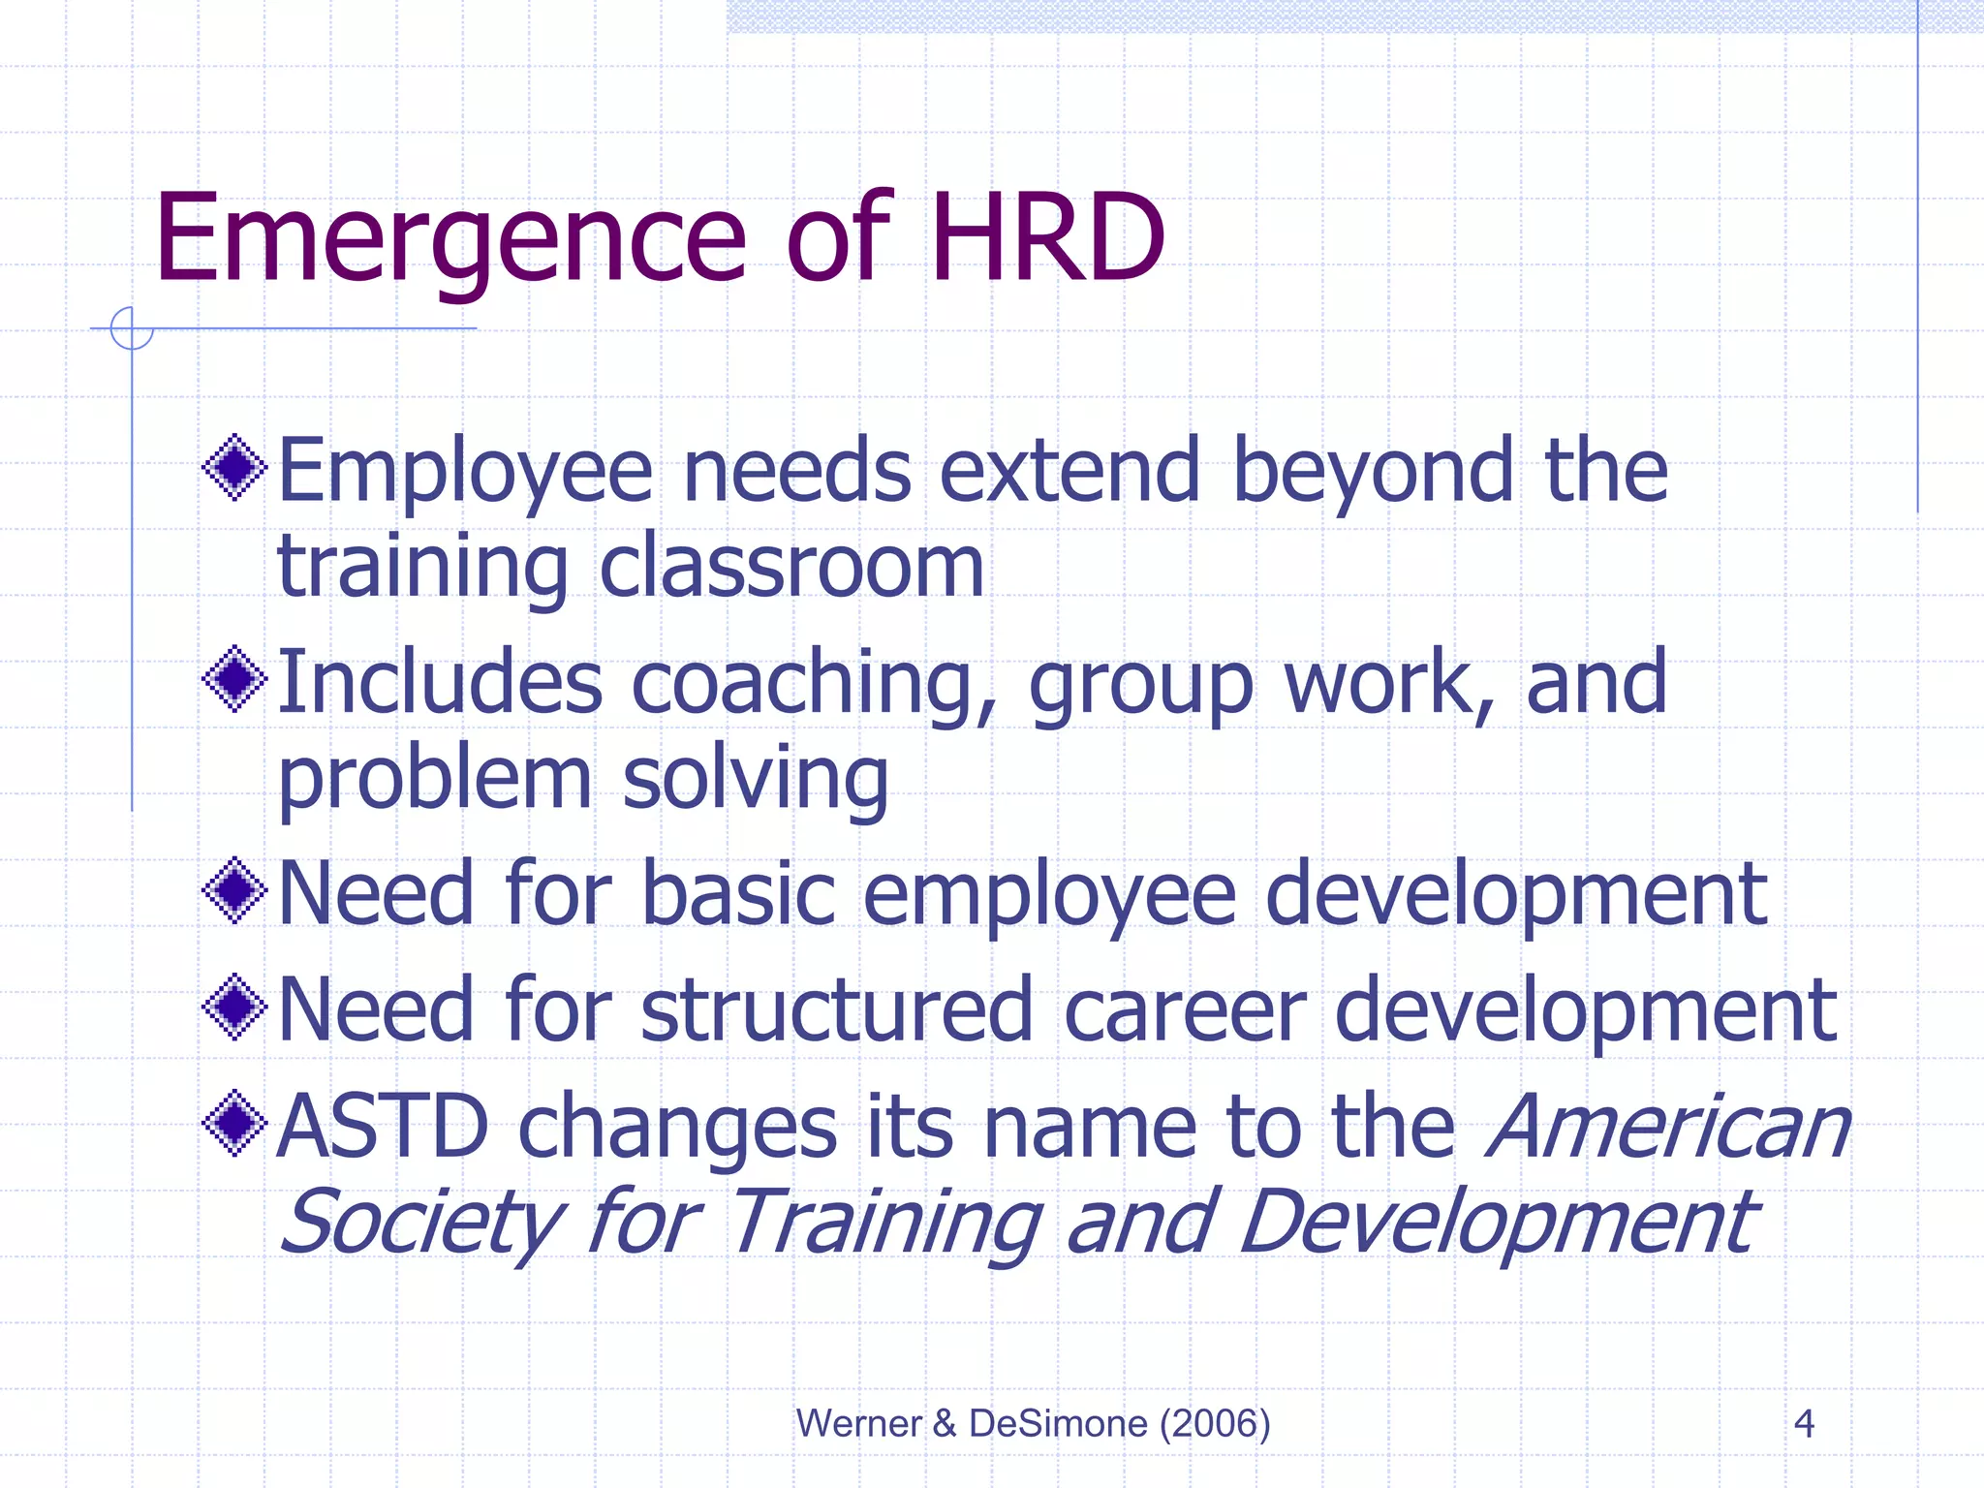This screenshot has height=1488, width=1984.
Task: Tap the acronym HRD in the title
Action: click(1048, 239)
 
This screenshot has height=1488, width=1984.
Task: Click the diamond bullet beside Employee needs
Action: click(234, 469)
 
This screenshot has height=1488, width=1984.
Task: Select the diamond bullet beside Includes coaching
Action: click(234, 679)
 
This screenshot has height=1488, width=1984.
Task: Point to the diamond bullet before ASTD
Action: click(234, 1124)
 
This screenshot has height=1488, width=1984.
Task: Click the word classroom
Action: click(791, 567)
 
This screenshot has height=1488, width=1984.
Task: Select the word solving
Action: click(755, 781)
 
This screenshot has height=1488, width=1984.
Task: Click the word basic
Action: click(738, 893)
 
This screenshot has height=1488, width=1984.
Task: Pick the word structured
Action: click(837, 1009)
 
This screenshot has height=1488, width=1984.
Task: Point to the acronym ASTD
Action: click(383, 1126)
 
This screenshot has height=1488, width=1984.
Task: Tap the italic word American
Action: click(1668, 1126)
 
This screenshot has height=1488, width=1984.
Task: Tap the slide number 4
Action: click(1803, 1424)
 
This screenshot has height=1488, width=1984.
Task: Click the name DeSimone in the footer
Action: click(1058, 1423)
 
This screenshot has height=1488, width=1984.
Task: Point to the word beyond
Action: click(1372, 473)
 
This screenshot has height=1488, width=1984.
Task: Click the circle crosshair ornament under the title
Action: click(132, 328)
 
